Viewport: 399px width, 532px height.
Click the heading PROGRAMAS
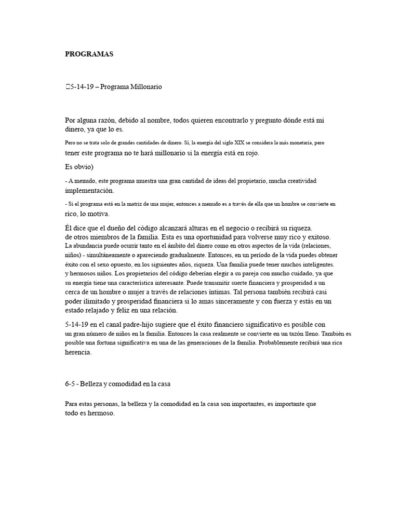click(x=89, y=54)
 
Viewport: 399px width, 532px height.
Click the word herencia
click(x=78, y=352)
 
